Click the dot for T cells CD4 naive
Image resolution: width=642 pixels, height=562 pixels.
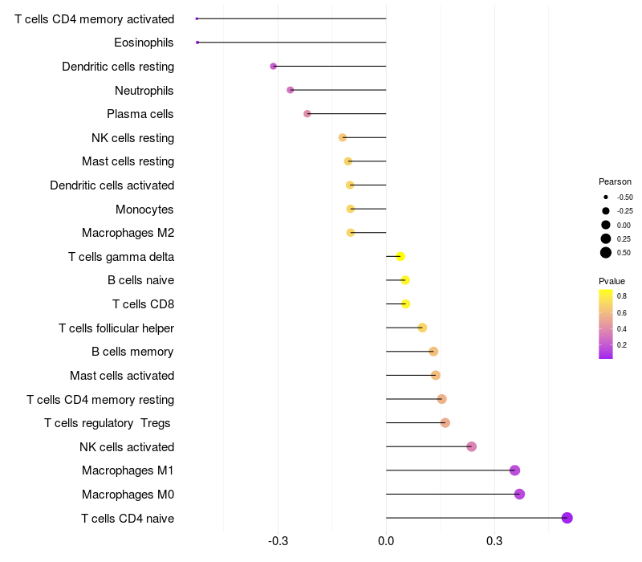point(567,518)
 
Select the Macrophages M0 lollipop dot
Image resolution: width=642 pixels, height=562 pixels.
point(519,494)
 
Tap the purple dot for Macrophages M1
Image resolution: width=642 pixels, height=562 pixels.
point(514,470)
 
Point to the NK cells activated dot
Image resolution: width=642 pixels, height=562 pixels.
point(471,446)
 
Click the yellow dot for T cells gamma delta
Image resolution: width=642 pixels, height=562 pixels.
point(400,257)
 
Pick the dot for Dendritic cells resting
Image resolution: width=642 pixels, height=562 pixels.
point(274,67)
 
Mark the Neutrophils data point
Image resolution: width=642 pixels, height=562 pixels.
point(291,90)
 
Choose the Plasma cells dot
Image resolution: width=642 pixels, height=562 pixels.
point(307,114)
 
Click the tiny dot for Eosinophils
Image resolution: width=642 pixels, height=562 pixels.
point(197,42)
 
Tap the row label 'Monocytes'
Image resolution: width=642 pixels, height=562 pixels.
point(144,210)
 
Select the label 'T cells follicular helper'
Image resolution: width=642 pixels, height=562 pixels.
point(116,328)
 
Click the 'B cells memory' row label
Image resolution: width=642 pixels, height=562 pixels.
point(132,352)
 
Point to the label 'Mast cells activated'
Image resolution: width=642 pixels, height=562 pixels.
point(122,376)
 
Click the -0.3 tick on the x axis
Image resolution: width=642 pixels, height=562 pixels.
point(278,542)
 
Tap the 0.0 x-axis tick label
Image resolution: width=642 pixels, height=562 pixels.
point(386,542)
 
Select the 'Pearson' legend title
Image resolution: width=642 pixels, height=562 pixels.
point(615,181)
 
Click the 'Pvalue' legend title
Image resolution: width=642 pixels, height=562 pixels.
point(612,281)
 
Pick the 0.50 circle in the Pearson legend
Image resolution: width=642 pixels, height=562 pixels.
point(606,253)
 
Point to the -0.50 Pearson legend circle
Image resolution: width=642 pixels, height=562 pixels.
point(606,197)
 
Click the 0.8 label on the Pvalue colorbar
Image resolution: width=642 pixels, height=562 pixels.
point(622,296)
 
